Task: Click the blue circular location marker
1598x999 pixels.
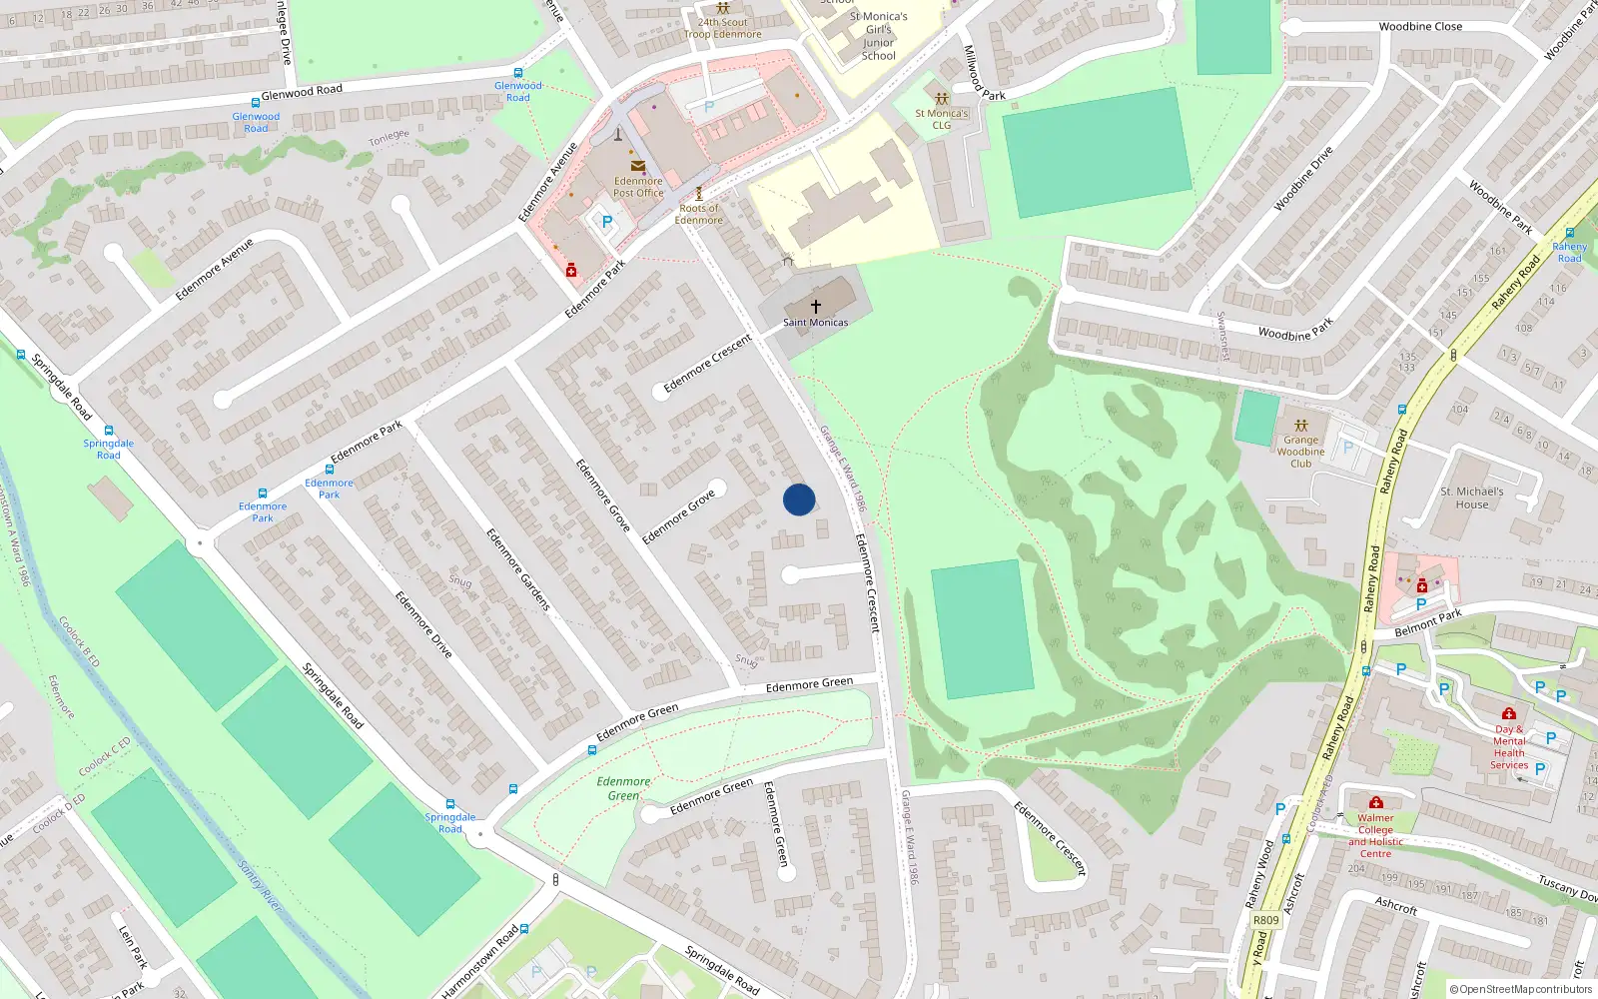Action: click(799, 499)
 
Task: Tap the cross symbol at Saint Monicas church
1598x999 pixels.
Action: click(816, 307)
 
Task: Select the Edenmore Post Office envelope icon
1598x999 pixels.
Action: click(638, 167)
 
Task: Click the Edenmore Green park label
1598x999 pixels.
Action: click(623, 788)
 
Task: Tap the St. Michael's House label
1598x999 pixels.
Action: click(1471, 498)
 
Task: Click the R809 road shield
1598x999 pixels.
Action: click(1265, 920)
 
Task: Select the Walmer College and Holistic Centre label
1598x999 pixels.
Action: click(1375, 835)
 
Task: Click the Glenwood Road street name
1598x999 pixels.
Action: click(302, 91)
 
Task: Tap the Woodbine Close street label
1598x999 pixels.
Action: click(1420, 27)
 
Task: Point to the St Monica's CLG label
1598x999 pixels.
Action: click(941, 119)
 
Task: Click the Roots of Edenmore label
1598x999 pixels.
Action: click(698, 214)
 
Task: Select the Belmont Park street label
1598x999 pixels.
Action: click(1428, 622)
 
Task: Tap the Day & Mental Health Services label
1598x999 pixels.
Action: click(1509, 747)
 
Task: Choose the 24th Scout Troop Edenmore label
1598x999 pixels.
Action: click(722, 28)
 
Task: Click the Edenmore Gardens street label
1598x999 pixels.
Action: click(518, 569)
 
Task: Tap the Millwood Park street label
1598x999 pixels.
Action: click(983, 72)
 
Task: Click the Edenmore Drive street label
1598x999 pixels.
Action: click(423, 624)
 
